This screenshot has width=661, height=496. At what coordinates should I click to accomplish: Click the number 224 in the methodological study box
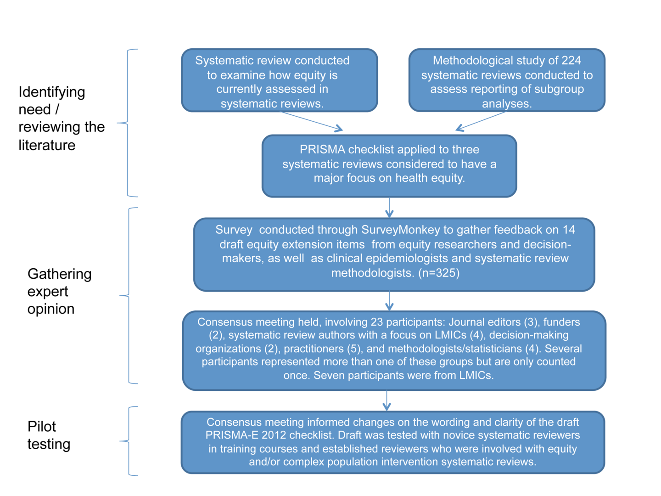pyautogui.click(x=571, y=61)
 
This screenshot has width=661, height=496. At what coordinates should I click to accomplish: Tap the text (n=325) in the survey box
pyautogui.click(x=439, y=273)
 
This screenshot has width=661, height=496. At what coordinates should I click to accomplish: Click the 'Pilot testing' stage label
pyautogui.click(x=49, y=435)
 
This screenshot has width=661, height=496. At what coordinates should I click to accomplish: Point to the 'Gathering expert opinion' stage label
pyautogui.click(x=59, y=291)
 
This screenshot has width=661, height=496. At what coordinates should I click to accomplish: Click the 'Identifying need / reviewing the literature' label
pyautogui.click(x=62, y=118)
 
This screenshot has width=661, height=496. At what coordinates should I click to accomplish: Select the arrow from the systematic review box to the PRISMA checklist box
pyautogui.click(x=311, y=121)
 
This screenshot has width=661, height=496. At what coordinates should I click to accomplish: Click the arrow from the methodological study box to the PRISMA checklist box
pyautogui.click(x=481, y=121)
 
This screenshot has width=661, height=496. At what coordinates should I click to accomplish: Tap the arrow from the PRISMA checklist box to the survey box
pyautogui.click(x=389, y=208)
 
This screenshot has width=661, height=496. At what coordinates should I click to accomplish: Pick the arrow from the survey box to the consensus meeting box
pyautogui.click(x=389, y=300)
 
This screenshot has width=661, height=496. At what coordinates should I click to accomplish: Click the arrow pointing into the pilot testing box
pyautogui.click(x=387, y=400)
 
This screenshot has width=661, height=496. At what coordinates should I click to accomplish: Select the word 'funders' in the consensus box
pyautogui.click(x=562, y=322)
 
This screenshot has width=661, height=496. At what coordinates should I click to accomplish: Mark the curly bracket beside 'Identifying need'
pyautogui.click(x=128, y=123)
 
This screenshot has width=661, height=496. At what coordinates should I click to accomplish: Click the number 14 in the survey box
pyautogui.click(x=569, y=230)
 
